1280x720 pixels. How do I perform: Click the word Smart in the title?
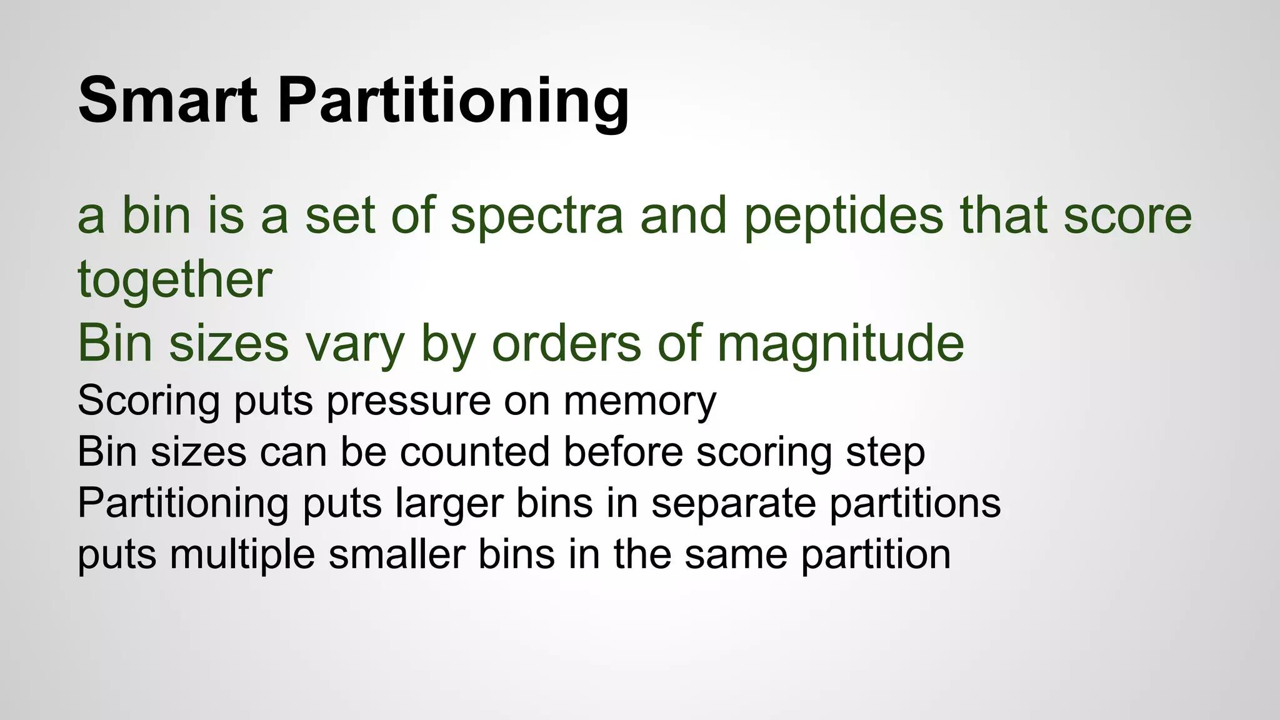tap(167, 100)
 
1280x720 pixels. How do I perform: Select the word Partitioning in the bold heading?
tap(453, 101)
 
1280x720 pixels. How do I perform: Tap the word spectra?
tap(537, 216)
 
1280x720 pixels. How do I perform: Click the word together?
tap(175, 279)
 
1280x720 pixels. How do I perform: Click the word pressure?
tap(409, 401)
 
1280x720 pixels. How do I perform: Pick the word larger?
tap(449, 504)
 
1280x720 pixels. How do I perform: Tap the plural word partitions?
tap(915, 504)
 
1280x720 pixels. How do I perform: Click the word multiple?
tap(242, 555)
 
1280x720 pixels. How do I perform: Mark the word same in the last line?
tap(736, 554)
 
